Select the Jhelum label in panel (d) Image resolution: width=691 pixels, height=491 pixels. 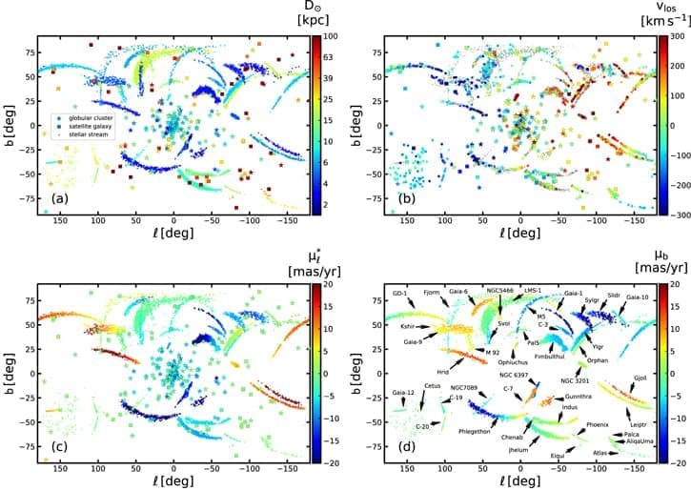coord(518,448)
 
